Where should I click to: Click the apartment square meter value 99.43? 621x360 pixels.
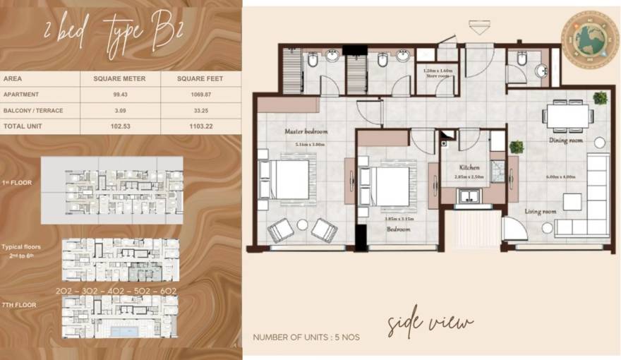pos(119,94)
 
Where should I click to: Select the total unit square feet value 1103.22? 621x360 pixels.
pos(200,125)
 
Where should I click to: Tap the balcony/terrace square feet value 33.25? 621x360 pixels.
pos(200,109)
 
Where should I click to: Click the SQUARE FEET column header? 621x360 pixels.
pos(200,78)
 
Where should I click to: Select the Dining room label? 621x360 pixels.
pos(566,140)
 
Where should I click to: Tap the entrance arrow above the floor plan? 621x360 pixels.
pos(478,28)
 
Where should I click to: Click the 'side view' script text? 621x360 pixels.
pos(430,324)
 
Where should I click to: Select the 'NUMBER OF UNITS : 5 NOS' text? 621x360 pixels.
pos(306,337)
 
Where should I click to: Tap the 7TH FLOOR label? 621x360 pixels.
pos(19,305)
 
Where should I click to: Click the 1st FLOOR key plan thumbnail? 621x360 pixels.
pos(111,186)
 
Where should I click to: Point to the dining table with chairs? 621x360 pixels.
pos(568,114)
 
